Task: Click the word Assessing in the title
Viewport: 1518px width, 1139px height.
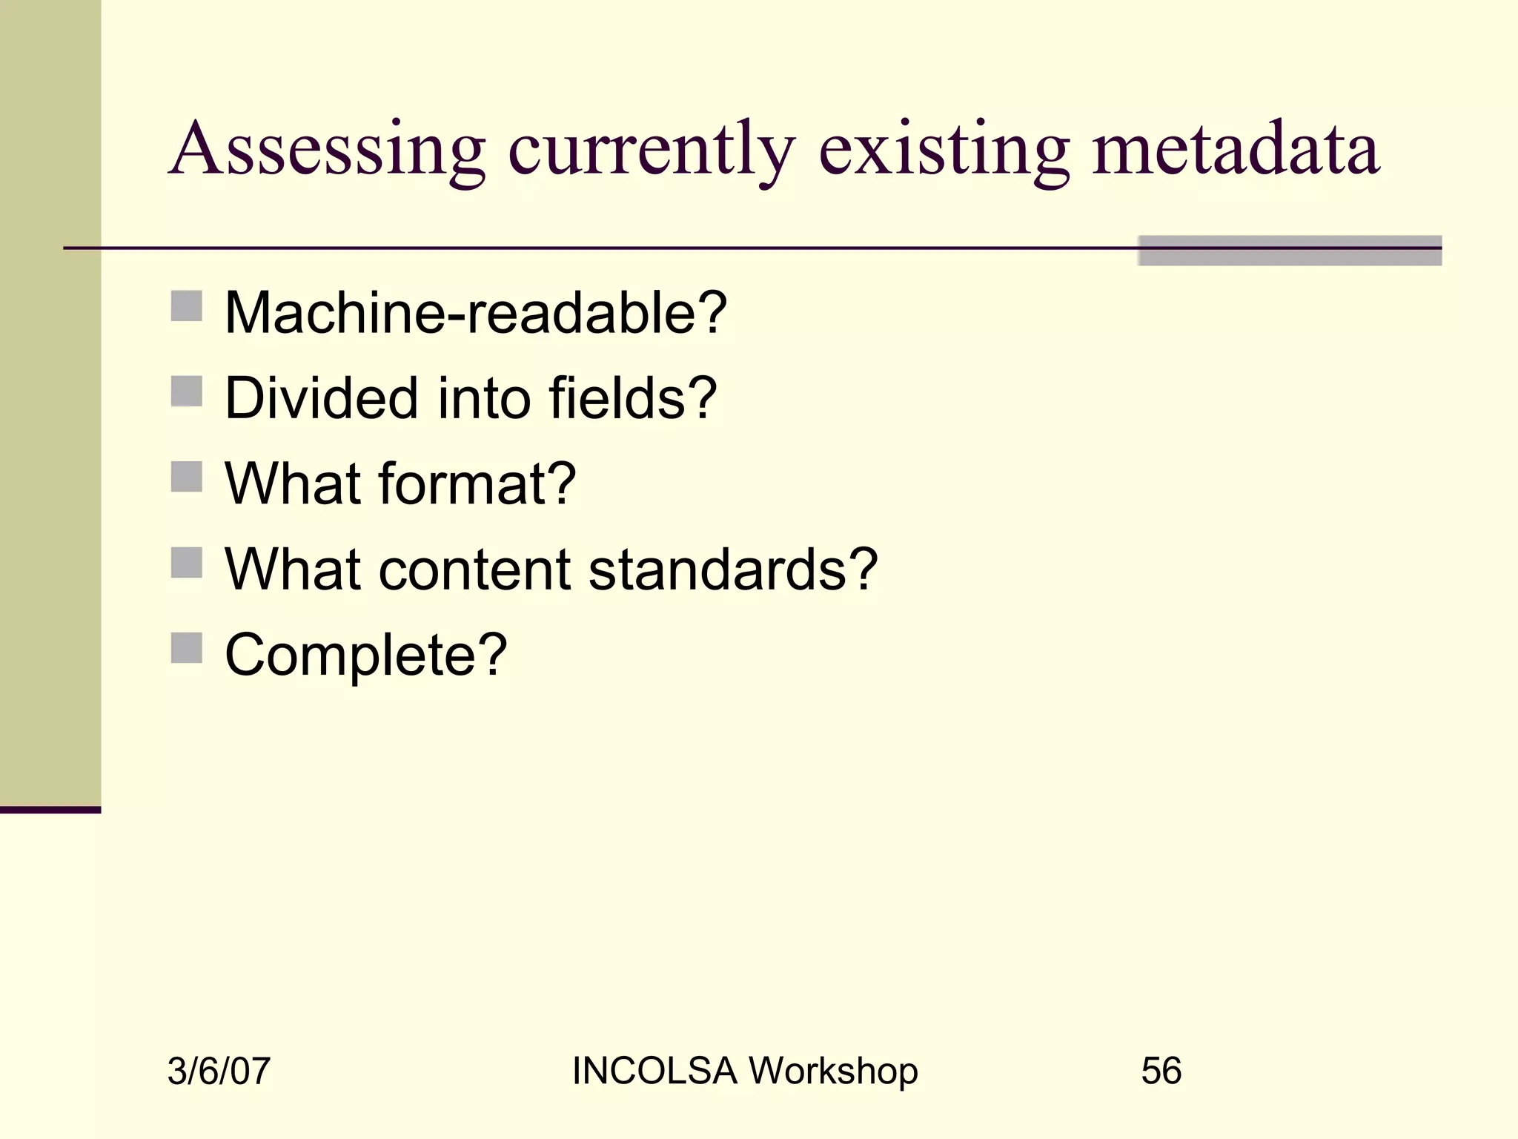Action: pos(327,150)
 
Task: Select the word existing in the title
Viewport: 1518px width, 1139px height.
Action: pos(944,150)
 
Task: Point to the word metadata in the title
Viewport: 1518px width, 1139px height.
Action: pos(1235,150)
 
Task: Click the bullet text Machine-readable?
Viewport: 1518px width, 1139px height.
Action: pos(475,313)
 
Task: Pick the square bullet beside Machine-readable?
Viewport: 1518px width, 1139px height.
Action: pos(187,306)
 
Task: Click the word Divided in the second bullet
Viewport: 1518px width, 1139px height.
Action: pos(321,398)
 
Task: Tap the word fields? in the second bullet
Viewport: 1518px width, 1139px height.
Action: pos(632,398)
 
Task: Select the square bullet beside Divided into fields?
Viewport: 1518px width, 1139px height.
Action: pos(187,392)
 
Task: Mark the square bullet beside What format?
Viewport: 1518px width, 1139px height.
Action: pos(187,477)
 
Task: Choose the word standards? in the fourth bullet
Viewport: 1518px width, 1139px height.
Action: pos(732,569)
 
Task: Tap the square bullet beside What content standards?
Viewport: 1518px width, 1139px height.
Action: pos(187,563)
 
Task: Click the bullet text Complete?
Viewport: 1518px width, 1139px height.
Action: pos(365,656)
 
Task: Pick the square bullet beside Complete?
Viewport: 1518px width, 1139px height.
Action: pos(187,648)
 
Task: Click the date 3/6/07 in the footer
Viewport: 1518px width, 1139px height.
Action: pos(219,1072)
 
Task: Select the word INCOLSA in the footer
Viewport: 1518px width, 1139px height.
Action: pos(654,1072)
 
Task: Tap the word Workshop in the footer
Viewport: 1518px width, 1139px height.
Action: pos(833,1072)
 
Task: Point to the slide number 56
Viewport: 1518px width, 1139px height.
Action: pos(1161,1072)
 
